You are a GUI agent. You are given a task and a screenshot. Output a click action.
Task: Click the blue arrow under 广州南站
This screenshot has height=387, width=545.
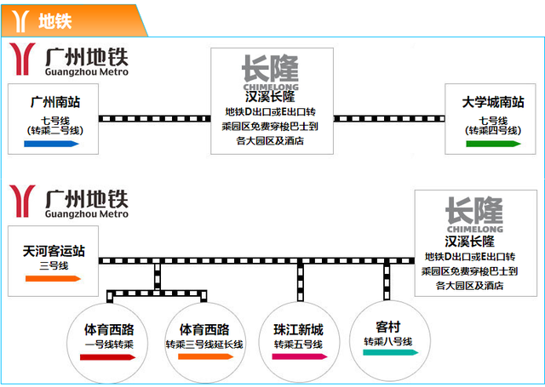[x=51, y=144]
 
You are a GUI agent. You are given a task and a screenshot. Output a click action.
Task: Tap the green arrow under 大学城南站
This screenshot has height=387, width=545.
[x=493, y=144]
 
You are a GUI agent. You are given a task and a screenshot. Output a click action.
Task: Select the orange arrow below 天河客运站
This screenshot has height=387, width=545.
[x=53, y=278]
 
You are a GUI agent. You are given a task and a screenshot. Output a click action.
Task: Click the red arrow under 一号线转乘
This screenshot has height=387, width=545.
[x=107, y=357]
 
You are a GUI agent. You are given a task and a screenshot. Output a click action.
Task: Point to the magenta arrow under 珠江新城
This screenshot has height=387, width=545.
[x=299, y=356]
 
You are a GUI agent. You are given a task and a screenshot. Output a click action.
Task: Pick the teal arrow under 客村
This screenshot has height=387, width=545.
[x=390, y=353]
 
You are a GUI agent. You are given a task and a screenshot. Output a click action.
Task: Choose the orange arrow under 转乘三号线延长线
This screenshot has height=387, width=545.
[x=205, y=356]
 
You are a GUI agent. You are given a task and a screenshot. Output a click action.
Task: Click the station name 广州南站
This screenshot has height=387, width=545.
[x=55, y=102]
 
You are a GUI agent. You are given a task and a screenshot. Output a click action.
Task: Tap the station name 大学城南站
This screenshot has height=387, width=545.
[x=493, y=102]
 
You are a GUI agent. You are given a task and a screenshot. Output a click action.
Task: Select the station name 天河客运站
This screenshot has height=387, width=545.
[x=54, y=251]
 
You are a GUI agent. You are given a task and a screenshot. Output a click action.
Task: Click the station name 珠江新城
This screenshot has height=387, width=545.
[x=299, y=330]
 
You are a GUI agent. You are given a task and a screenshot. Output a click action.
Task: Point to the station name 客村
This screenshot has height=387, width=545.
[x=388, y=327]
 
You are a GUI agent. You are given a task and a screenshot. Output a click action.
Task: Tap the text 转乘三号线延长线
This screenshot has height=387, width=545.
[x=204, y=344]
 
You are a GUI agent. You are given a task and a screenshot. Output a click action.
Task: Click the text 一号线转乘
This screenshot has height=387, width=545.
[x=109, y=344]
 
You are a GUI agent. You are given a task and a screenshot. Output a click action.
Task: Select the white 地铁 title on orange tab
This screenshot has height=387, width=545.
[x=54, y=21]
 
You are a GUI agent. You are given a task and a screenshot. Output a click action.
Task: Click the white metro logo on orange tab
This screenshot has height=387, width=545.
[x=20, y=21]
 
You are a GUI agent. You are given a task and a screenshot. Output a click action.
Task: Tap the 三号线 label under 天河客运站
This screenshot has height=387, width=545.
[x=54, y=266]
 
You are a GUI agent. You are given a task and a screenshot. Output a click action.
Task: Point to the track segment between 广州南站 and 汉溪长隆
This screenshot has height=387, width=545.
[x=155, y=119]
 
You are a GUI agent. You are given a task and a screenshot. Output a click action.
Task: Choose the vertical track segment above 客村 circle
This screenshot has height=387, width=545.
[x=387, y=282]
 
